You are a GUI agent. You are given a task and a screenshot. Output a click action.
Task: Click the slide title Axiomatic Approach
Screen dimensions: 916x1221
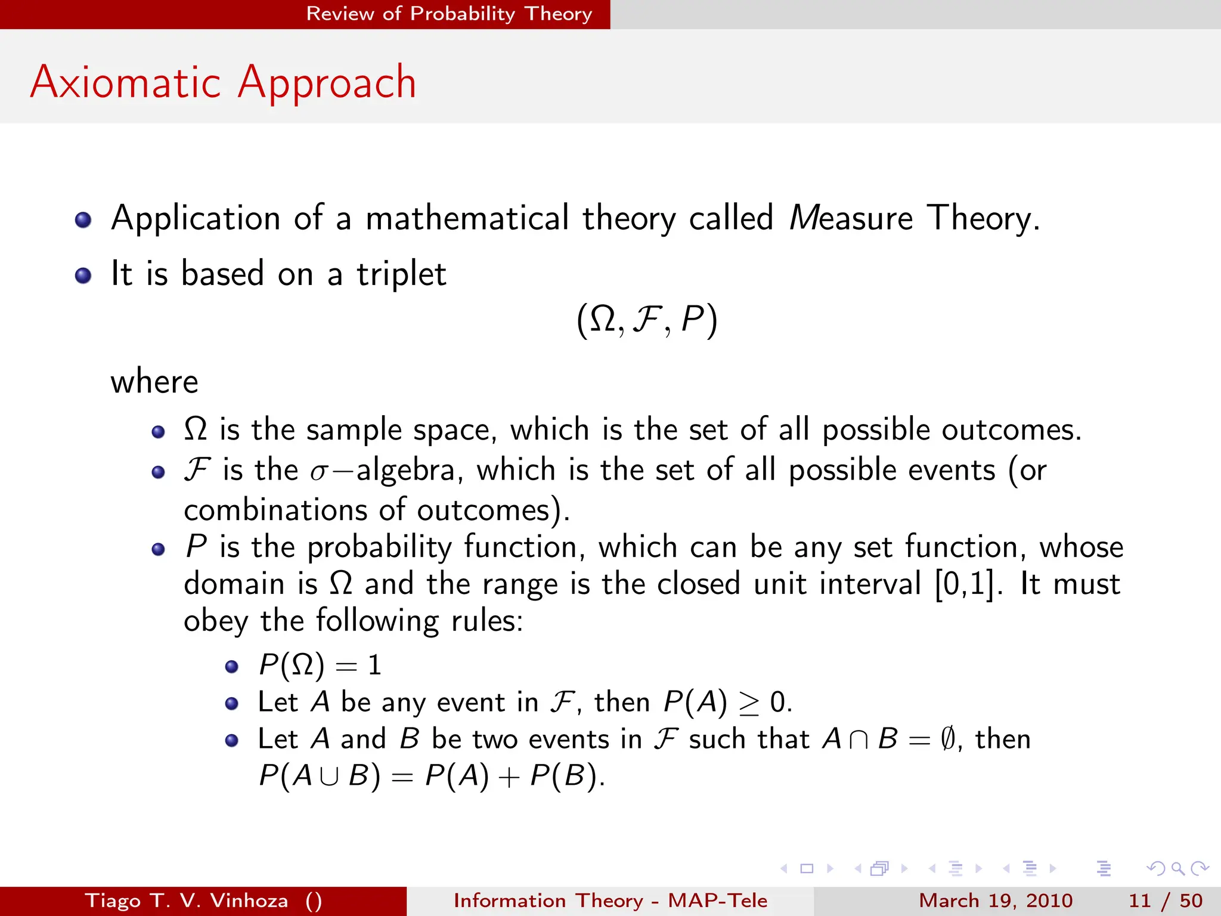(223, 82)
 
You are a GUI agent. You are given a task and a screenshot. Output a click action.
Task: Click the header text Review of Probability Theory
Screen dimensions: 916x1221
(448, 13)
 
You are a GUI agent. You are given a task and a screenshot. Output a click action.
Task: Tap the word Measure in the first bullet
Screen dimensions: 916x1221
(851, 218)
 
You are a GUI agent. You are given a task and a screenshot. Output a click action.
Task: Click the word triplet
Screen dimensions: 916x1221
(401, 274)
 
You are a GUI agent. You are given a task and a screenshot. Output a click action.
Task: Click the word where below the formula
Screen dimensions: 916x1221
(154, 382)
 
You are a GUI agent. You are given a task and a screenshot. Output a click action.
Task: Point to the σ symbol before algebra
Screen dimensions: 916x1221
(319, 472)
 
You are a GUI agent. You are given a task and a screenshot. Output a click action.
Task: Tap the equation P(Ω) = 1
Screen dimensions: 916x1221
(320, 665)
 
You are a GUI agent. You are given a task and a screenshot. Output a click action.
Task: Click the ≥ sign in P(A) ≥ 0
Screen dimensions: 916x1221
(749, 704)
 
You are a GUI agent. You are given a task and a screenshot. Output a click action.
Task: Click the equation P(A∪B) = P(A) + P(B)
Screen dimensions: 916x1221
(431, 776)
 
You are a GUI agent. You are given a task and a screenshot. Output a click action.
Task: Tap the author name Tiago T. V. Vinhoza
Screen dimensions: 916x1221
(187, 900)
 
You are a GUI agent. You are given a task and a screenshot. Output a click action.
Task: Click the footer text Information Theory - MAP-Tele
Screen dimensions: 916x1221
(610, 900)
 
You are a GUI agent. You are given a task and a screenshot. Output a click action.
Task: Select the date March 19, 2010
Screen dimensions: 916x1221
(995, 900)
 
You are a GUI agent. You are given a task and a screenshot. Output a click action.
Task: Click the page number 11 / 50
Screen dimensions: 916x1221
(1165, 900)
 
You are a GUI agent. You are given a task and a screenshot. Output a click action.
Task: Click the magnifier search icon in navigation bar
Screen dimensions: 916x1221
(1177, 868)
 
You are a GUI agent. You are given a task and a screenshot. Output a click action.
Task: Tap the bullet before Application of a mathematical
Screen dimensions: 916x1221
(83, 220)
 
